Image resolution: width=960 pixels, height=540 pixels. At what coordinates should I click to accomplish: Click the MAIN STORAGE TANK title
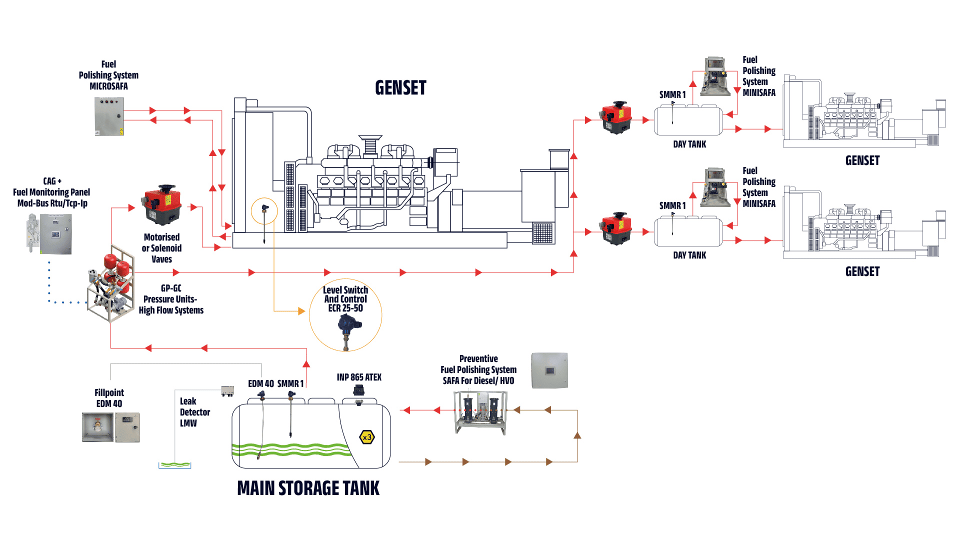[x=308, y=488]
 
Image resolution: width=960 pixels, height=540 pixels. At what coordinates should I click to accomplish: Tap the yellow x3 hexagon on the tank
[x=367, y=437]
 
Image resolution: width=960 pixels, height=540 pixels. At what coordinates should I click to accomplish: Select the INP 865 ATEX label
[x=359, y=377]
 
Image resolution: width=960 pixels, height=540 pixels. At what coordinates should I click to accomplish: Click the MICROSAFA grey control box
[x=109, y=116]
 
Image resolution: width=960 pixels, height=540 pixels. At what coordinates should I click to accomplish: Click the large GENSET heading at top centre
[x=400, y=87]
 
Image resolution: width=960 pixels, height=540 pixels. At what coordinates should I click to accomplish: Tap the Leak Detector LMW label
[x=194, y=412]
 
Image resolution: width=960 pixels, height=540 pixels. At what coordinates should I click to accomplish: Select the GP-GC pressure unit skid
[x=111, y=283]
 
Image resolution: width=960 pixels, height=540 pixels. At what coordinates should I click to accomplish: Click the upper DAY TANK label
[x=689, y=144]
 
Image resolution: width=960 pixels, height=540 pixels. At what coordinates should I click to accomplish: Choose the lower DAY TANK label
[x=689, y=255]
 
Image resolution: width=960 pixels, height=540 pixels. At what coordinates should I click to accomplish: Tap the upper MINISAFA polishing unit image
[x=715, y=76]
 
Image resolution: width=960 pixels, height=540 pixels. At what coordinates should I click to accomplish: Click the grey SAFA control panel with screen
[x=549, y=370]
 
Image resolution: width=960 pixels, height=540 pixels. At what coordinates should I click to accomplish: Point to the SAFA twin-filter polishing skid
[x=480, y=412]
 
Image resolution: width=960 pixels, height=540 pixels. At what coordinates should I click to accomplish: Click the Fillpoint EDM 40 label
[x=109, y=398]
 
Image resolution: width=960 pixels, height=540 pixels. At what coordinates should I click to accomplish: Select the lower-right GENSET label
[x=862, y=271]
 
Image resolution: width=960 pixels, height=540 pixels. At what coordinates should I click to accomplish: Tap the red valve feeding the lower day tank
[x=616, y=228]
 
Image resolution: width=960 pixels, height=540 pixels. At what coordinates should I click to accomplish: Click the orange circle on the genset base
[x=264, y=211]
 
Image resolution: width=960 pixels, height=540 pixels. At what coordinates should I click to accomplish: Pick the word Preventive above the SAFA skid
[x=478, y=358]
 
